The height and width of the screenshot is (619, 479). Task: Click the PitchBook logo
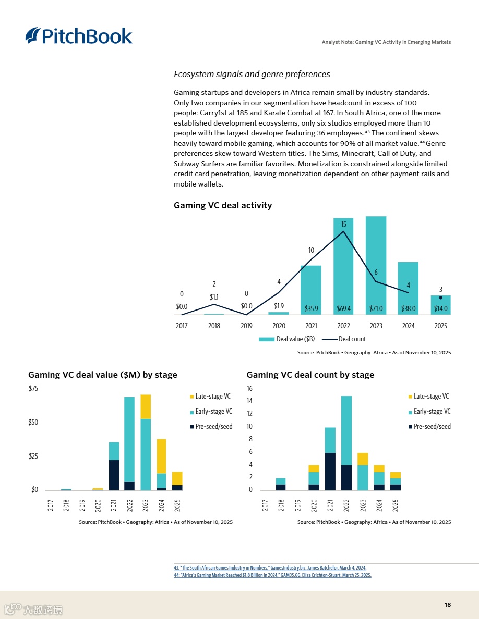[79, 35]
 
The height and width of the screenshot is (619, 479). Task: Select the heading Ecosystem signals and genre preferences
[252, 75]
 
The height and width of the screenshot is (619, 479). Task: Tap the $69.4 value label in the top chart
[343, 308]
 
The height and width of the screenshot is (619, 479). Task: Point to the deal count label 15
[343, 225]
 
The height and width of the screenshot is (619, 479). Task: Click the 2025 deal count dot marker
[440, 298]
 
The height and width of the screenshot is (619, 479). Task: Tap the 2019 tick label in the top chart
[246, 326]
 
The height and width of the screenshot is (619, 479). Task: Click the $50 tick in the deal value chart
[34, 422]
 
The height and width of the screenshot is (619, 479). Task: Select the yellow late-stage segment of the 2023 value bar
[146, 406]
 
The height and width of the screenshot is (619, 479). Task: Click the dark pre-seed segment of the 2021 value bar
[114, 475]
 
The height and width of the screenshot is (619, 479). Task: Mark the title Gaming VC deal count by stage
[310, 375]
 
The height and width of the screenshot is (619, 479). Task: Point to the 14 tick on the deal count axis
[249, 401]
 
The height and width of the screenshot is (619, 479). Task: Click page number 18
[448, 605]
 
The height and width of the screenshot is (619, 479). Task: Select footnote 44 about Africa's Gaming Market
[272, 575]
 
